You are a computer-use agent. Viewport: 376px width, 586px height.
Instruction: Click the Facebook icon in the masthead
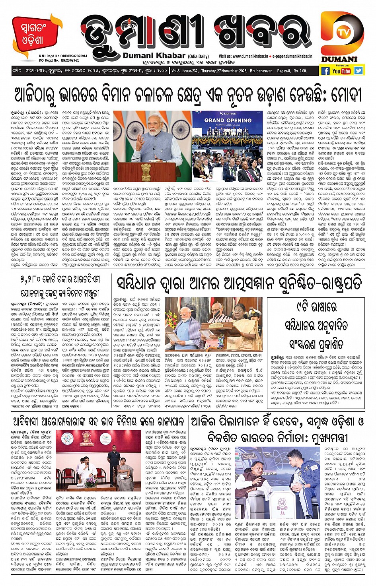click(x=325, y=71)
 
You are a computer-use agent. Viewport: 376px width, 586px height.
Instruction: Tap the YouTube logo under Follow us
click(x=341, y=71)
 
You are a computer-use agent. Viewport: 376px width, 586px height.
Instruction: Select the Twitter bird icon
click(x=358, y=70)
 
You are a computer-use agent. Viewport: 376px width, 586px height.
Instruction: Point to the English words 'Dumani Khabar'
click(x=154, y=56)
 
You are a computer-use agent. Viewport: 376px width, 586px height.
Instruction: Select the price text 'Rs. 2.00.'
click(x=300, y=71)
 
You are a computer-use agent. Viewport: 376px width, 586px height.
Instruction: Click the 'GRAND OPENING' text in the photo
click(x=228, y=120)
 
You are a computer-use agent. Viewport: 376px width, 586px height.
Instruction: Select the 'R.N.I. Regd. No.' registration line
click(x=63, y=56)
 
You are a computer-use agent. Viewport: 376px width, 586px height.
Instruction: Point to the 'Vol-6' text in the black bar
click(x=175, y=71)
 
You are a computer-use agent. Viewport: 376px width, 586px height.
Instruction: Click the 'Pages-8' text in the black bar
click(x=284, y=71)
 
